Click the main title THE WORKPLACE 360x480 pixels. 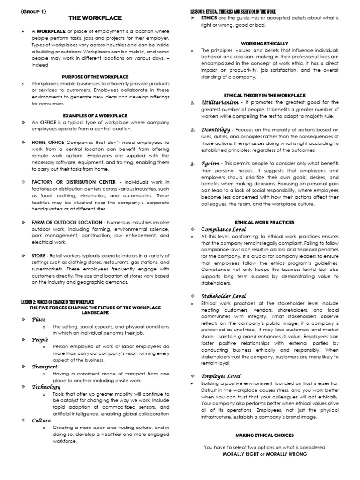95,18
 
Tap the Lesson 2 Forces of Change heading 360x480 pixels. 58,302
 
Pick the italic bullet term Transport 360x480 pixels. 45,367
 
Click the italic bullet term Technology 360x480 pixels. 46,387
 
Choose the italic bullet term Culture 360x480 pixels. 41,420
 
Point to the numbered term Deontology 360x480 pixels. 216,129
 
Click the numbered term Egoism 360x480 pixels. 210,164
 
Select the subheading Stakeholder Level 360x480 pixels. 223,296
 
